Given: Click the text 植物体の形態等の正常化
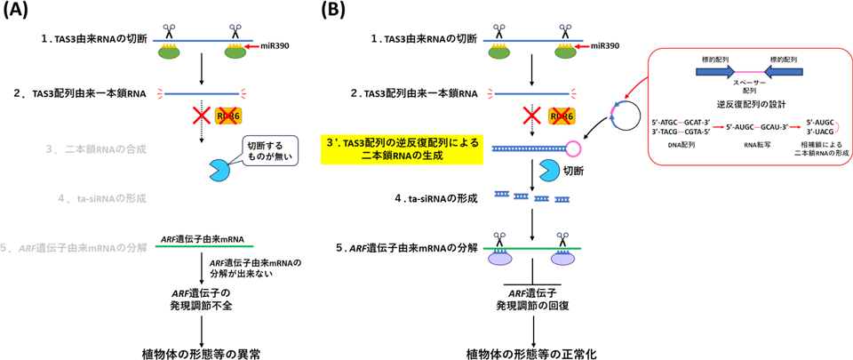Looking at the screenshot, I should (x=531, y=352).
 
